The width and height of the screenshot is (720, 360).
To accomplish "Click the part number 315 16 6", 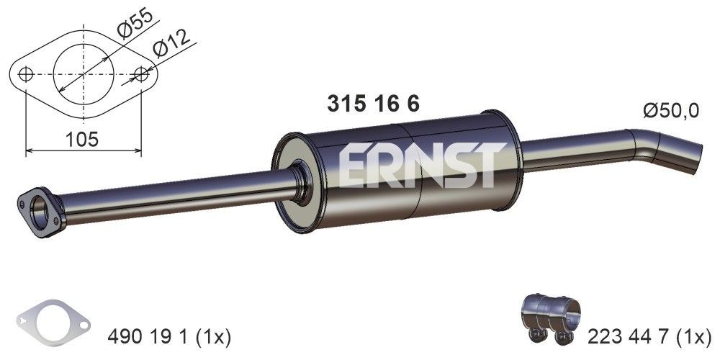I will tap(373, 104).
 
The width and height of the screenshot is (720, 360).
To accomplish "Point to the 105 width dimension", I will tap(81, 139).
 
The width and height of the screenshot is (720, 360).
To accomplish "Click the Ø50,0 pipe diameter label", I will tap(671, 111).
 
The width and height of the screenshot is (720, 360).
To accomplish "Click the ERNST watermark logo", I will tap(418, 165).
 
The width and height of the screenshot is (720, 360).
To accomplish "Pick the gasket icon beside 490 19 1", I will tap(54, 322).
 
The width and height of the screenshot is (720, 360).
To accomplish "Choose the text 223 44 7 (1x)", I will tap(649, 336).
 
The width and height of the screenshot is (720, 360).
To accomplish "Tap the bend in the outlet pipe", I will tap(644, 141).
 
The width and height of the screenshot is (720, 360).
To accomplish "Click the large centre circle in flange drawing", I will tap(84, 73).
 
